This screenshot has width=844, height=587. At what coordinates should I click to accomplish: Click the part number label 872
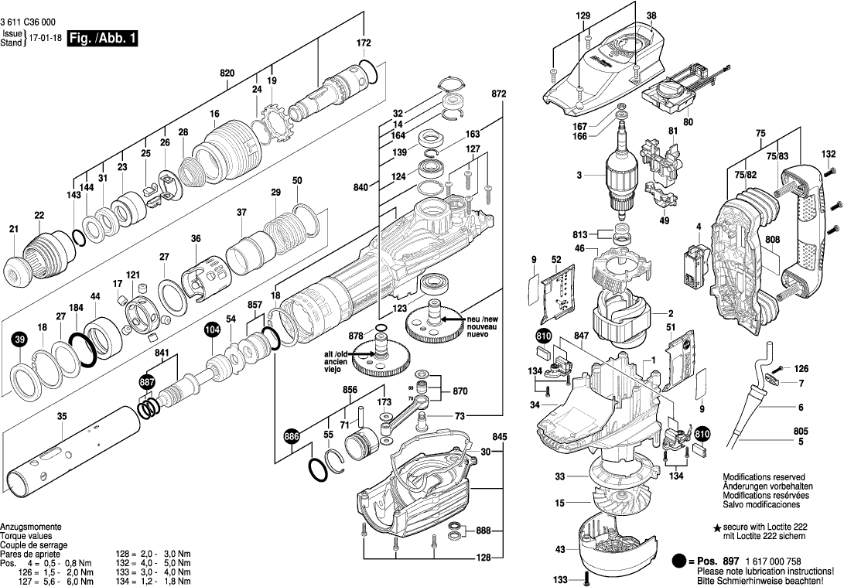(x=498, y=93)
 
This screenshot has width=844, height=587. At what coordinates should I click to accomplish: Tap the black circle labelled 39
(x=19, y=340)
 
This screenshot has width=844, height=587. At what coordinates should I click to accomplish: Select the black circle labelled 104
(x=211, y=330)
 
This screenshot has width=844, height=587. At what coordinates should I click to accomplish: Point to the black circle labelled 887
(x=146, y=383)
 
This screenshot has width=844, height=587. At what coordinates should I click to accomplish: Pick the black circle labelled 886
(x=290, y=437)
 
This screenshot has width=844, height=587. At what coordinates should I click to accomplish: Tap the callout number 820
(x=227, y=73)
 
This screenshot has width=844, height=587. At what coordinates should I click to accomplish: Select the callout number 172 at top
(x=364, y=43)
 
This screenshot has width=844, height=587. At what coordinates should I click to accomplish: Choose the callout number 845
(x=499, y=437)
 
